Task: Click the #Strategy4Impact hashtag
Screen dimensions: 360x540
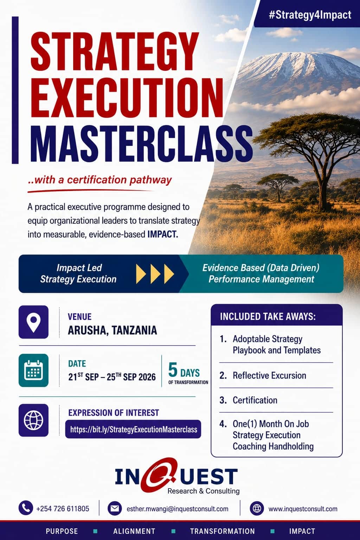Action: (310, 15)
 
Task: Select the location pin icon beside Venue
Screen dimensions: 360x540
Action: (33, 322)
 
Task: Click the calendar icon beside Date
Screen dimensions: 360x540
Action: (33, 370)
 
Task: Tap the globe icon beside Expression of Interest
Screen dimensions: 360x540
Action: (33, 420)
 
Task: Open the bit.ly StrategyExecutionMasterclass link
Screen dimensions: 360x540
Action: (133, 429)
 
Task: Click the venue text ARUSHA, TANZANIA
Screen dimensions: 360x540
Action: (112, 330)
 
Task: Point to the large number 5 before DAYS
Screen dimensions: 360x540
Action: (173, 369)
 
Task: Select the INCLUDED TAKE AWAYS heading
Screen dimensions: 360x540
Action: (268, 316)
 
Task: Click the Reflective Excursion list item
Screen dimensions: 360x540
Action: (269, 375)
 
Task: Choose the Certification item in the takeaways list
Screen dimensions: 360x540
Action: (255, 400)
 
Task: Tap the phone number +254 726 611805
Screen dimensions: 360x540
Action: (63, 509)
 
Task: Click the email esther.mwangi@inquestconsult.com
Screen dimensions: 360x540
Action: (178, 509)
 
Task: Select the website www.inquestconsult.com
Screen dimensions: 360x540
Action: (303, 509)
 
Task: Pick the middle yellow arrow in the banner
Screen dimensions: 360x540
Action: (155, 274)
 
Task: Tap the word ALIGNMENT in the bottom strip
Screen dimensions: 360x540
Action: (134, 531)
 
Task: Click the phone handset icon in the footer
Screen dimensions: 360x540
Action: (26, 508)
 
